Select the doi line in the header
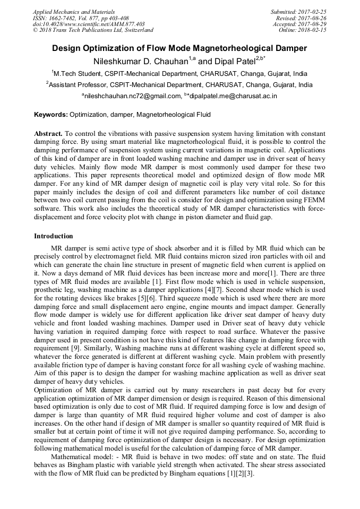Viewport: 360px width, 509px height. [88, 24]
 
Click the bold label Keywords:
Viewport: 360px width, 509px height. [51, 114]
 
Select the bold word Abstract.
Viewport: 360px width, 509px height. [48, 134]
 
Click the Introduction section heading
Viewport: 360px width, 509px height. [54, 236]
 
